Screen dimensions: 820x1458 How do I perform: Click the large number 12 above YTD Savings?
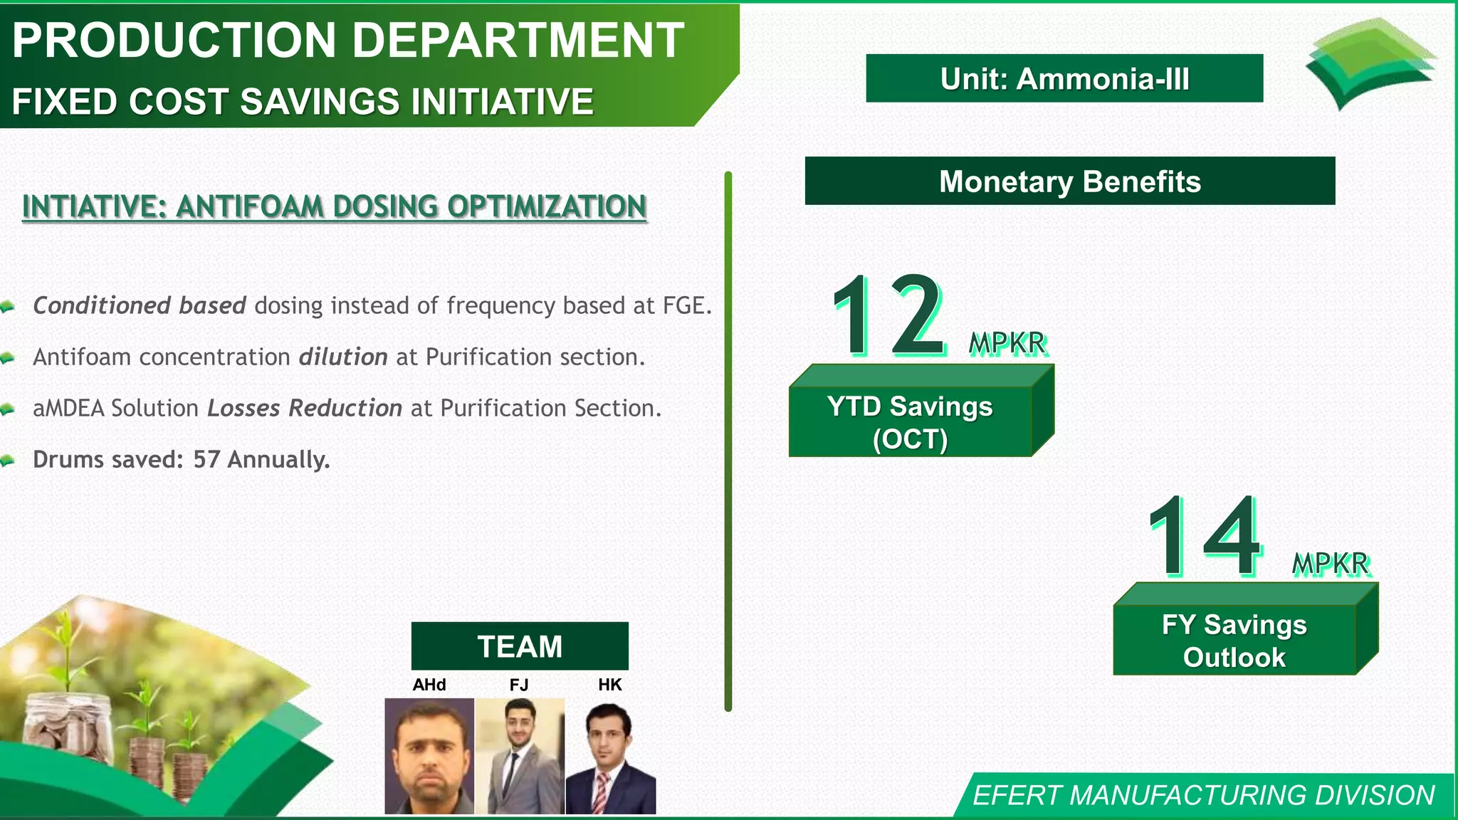point(890,315)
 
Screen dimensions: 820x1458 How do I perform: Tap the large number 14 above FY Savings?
point(1205,535)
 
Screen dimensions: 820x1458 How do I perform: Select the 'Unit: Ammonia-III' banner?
point(1064,78)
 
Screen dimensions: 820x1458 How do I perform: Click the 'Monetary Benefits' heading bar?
point(1069,182)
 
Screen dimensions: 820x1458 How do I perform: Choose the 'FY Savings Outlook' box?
point(1234,640)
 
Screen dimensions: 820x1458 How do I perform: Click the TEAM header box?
point(520,646)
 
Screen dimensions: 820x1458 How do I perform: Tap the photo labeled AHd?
point(429,756)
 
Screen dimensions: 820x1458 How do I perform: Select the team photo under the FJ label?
point(520,756)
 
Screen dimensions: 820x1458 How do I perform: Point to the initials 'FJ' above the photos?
point(519,685)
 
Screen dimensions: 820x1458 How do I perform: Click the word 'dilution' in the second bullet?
point(343,357)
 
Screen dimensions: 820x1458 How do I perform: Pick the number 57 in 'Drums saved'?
point(206,459)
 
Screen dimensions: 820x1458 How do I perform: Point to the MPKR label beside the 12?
point(1007,344)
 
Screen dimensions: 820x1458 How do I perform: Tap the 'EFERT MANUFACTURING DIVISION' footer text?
point(1203,795)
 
